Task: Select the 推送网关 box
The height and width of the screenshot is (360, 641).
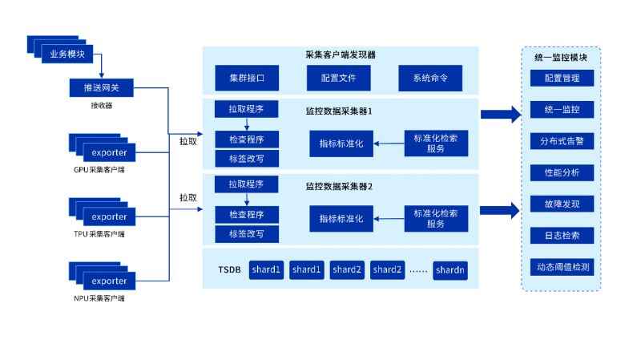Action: [x=101, y=87]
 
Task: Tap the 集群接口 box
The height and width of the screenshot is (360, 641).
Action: [x=247, y=79]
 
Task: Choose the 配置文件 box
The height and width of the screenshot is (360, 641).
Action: [x=339, y=79]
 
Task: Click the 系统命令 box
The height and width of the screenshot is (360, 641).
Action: [x=430, y=79]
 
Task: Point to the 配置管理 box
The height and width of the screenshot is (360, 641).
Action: [x=561, y=79]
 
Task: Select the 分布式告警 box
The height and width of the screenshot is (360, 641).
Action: [x=561, y=141]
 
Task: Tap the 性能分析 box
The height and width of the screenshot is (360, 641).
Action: [x=561, y=172]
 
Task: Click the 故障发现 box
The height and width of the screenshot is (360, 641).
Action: [x=561, y=204]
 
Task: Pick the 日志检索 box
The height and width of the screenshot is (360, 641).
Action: [x=561, y=236]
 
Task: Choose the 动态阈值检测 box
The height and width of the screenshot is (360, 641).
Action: [x=561, y=267]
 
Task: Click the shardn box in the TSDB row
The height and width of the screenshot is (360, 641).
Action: [x=450, y=270]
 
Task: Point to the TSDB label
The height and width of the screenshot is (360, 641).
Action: [x=229, y=270]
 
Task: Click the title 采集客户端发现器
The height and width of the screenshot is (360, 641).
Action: [x=340, y=55]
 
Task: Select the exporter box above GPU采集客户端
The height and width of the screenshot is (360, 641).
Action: [x=109, y=152]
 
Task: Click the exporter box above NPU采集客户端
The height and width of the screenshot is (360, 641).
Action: [x=109, y=281]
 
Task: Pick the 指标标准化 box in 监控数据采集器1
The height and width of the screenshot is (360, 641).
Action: [x=341, y=144]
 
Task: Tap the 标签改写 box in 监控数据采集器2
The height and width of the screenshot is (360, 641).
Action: [x=247, y=235]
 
